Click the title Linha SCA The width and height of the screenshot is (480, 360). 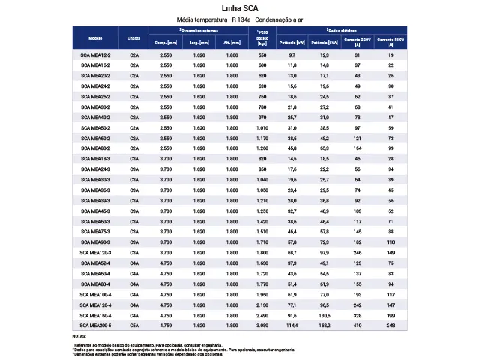click(240, 8)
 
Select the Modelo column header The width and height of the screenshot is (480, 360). click(95, 37)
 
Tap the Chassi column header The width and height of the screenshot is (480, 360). click(134, 37)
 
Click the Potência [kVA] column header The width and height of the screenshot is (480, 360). click(324, 43)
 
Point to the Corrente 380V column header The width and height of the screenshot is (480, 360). click(391, 41)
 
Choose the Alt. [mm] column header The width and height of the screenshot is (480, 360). click(232, 43)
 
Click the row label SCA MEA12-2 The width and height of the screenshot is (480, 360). click(95, 55)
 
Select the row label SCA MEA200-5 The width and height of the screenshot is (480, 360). click(95, 325)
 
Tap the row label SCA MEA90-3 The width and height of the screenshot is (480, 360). click(95, 243)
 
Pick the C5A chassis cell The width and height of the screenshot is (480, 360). click(134, 325)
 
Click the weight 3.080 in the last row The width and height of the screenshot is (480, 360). click(262, 325)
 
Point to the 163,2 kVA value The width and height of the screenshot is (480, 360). click(324, 325)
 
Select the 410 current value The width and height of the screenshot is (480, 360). click(358, 325)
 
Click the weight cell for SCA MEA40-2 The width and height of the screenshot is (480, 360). click(262, 118)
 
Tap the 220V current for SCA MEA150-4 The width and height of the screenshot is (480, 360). click(358, 316)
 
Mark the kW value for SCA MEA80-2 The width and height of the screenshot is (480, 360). click(292, 149)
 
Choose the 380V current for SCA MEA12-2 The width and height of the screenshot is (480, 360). click(391, 55)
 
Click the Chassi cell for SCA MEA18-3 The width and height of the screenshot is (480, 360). click(134, 160)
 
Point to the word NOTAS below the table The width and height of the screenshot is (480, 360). click(79, 336)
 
